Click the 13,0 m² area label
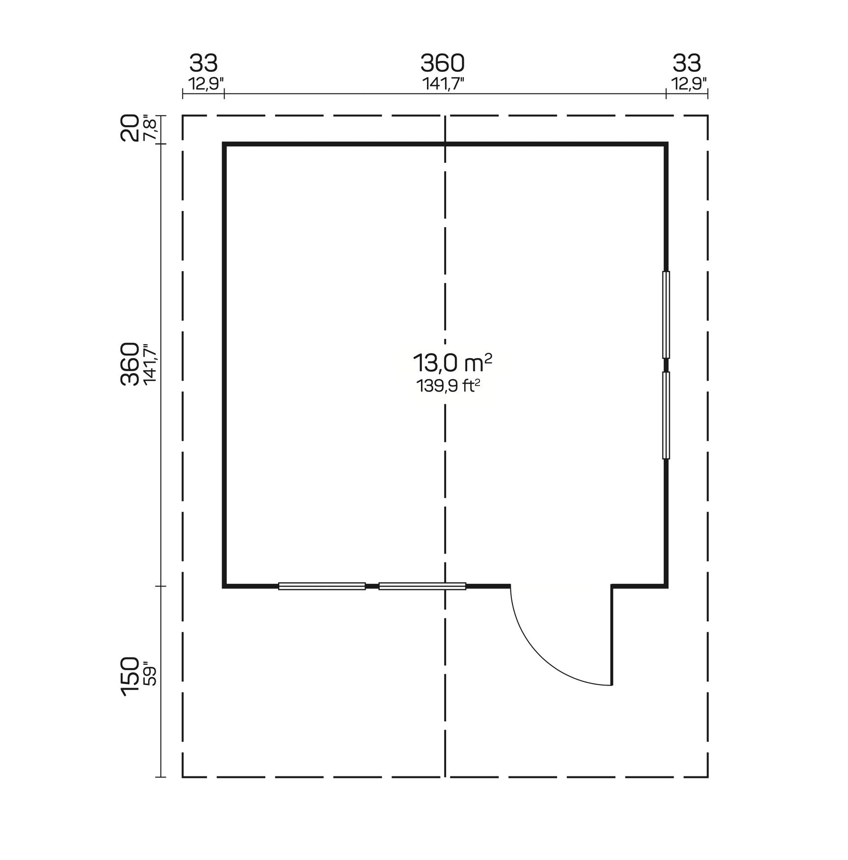452,363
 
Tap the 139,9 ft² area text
448,386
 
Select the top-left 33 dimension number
204,63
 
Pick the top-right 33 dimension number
687,63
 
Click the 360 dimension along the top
443,63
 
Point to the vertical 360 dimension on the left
130,364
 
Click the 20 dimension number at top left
130,128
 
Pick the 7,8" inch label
149,128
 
